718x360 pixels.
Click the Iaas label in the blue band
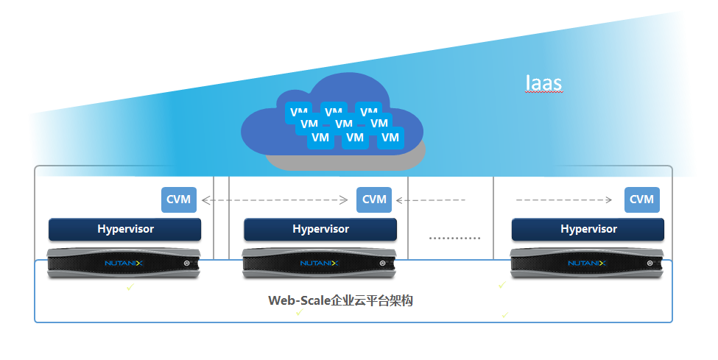544,82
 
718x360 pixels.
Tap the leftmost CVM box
179,200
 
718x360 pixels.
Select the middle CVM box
374,200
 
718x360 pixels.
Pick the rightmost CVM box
642,200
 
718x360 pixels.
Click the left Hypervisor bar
125,229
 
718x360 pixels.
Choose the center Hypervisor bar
320,229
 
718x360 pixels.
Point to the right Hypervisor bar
588,229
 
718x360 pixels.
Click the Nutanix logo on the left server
122,263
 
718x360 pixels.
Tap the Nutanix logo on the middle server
318,263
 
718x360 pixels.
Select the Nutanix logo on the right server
586,263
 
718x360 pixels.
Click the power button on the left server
188,263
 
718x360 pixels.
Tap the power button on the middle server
383,263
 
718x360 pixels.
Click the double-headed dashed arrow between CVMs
275,200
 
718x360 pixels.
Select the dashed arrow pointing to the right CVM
563,200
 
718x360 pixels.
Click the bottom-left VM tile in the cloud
320,137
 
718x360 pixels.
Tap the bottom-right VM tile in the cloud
390,137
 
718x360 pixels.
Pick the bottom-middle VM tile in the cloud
355,137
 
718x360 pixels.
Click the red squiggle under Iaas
544,93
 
